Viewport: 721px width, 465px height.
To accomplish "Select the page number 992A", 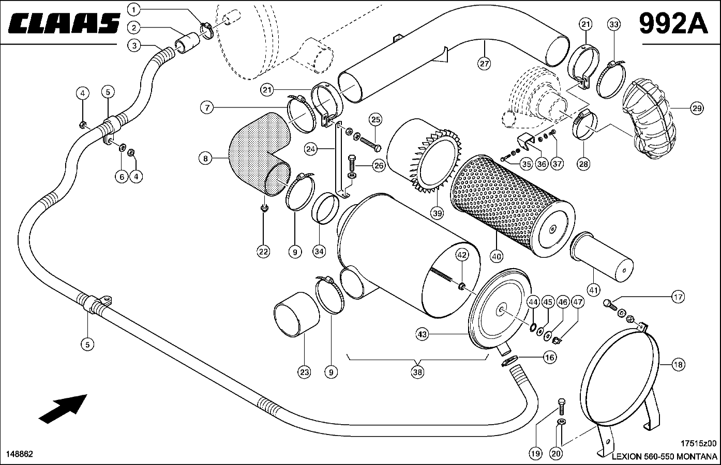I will pyautogui.click(x=673, y=23).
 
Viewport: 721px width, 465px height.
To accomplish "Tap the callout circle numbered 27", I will pyautogui.click(x=484, y=64).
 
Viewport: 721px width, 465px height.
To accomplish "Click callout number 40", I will pyautogui.click(x=497, y=256).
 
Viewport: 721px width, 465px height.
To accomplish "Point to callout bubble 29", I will pyautogui.click(x=697, y=109).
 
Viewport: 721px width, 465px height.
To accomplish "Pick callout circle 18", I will pyautogui.click(x=678, y=365).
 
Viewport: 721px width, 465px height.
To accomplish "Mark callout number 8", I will pyautogui.click(x=206, y=159).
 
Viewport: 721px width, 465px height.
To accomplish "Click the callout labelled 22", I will pyautogui.click(x=263, y=252).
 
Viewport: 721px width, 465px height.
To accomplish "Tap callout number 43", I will pyautogui.click(x=422, y=335).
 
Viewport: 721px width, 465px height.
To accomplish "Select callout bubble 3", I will pyautogui.click(x=134, y=45).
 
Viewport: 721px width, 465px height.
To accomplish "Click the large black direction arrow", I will pyautogui.click(x=63, y=407).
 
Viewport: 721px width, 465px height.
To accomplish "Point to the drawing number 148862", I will pyautogui.click(x=20, y=454).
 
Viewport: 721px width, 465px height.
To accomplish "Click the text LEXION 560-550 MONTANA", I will pyautogui.click(x=664, y=457).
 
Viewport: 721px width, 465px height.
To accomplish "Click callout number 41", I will pyautogui.click(x=594, y=290).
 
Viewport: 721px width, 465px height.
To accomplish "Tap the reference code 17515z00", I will pyautogui.click(x=699, y=443).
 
